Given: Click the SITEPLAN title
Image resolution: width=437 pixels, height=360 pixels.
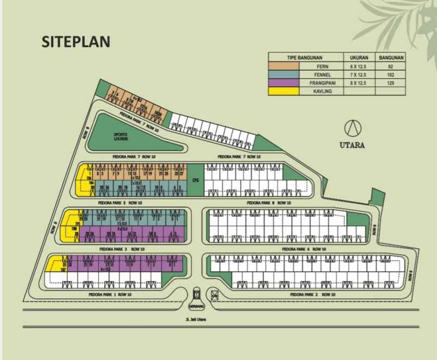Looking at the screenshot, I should click(76, 42).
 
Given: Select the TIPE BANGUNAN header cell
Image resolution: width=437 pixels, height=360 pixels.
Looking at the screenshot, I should click(305, 56).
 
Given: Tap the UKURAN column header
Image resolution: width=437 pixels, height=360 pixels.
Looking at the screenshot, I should click(358, 56).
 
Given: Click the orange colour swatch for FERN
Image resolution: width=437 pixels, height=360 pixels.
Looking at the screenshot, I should click(283, 65).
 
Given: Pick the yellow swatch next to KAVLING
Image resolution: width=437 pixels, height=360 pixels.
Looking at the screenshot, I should click(283, 91).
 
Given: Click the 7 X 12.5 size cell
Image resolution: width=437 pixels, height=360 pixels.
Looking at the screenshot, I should click(358, 74).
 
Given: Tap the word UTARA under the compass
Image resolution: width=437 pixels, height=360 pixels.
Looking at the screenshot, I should click(353, 145).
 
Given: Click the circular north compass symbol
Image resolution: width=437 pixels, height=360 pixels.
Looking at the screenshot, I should click(353, 129).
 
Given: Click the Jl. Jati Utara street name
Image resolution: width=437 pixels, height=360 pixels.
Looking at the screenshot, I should click(196, 319).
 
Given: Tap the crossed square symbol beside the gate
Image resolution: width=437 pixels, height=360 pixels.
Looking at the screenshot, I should click(215, 295).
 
